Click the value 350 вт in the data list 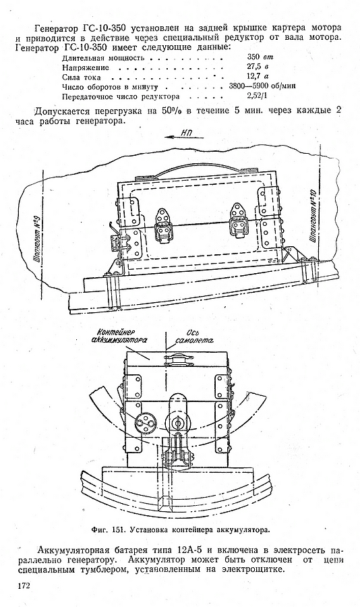pyautogui.click(x=260, y=57)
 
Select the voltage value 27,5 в pyautogui.click(x=258, y=67)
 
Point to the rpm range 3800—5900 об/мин pyautogui.click(x=262, y=86)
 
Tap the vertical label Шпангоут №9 pyautogui.click(x=38, y=244)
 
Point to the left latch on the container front pyautogui.click(x=163, y=226)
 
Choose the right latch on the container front pyautogui.click(x=238, y=223)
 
